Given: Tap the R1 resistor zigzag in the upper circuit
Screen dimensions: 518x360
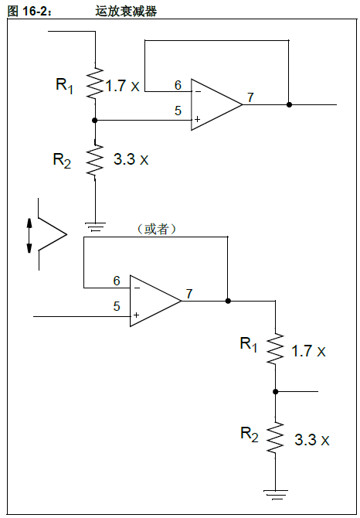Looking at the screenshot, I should (x=94, y=83).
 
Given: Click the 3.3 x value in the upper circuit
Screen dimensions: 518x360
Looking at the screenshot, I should (x=130, y=160).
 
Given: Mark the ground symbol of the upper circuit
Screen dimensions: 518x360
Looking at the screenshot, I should (x=94, y=227).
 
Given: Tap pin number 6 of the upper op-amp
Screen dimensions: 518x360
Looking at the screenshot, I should (x=178, y=85).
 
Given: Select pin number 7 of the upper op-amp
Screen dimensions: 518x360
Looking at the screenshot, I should (x=250, y=97).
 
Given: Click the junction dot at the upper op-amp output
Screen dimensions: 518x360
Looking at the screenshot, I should (x=289, y=104).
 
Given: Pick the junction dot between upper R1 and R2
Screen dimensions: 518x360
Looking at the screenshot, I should (x=94, y=120).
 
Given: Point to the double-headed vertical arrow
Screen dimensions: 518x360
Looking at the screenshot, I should (x=30, y=236).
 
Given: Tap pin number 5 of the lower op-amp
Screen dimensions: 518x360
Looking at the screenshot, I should (x=117, y=306).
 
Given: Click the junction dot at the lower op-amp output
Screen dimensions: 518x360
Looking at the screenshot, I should (x=228, y=301).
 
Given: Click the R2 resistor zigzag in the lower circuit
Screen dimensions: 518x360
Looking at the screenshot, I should (x=275, y=438).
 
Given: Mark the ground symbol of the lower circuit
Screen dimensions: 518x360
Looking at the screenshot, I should (x=275, y=491).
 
